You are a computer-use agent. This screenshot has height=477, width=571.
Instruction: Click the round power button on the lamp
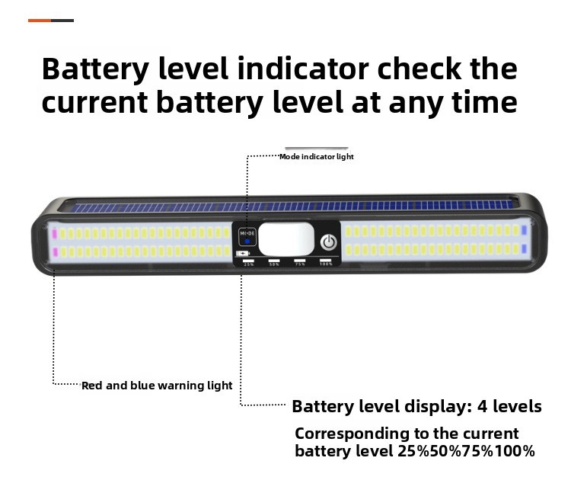(328, 242)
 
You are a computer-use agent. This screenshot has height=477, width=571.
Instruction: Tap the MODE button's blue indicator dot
(247, 240)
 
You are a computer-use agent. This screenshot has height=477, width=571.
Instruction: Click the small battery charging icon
(242, 254)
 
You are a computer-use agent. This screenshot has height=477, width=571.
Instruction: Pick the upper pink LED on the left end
(54, 230)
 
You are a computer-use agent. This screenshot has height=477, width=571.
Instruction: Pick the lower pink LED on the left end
(54, 251)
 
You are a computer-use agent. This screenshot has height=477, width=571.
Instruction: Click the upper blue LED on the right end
(524, 229)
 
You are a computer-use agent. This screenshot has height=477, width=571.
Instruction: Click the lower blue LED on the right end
(524, 249)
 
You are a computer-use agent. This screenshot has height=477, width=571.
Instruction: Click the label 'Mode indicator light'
(316, 157)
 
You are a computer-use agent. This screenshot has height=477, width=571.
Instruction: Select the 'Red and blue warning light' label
(157, 386)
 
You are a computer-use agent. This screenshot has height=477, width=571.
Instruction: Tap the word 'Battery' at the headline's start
(95, 69)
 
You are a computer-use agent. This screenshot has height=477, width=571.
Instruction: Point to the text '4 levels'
(509, 406)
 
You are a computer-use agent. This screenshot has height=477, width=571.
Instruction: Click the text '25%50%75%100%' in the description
(466, 451)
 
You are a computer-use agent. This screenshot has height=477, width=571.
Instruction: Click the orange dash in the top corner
(40, 20)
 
